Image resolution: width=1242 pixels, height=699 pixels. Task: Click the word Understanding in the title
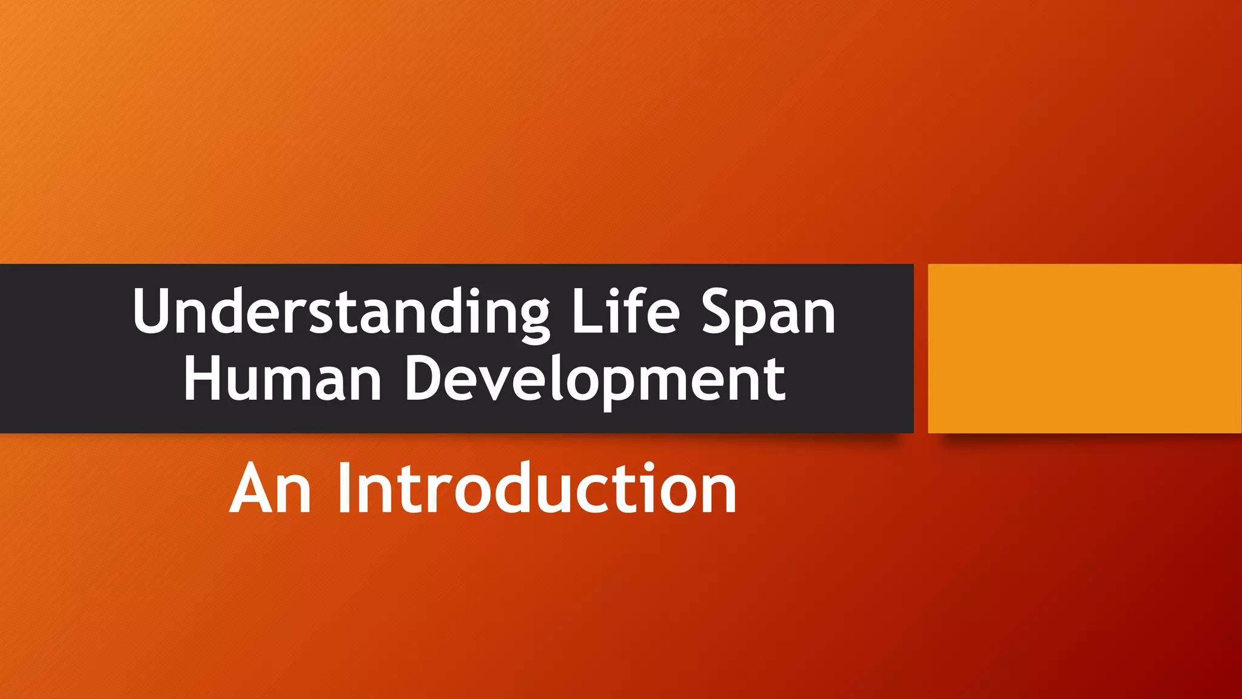pyautogui.click(x=341, y=312)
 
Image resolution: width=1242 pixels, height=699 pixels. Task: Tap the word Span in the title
pyautogui.click(x=769, y=312)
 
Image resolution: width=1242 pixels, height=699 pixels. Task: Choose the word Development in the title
pyautogui.click(x=595, y=380)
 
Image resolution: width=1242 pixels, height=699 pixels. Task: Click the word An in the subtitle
pyautogui.click(x=270, y=489)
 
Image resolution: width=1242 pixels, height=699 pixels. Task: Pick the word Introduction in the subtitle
pyautogui.click(x=537, y=488)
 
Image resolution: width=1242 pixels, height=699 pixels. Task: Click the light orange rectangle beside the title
pyautogui.click(x=1084, y=348)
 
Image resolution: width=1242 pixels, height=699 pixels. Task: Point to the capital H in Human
pyautogui.click(x=204, y=379)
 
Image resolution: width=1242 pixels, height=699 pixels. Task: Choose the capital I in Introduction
pyautogui.click(x=344, y=488)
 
